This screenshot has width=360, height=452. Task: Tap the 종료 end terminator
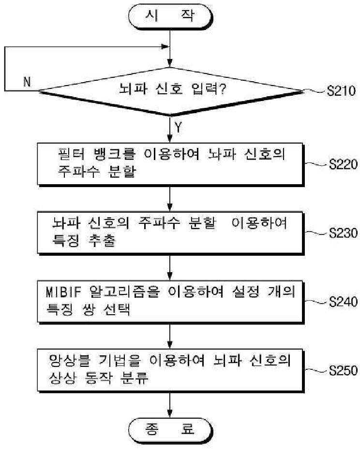(x=170, y=429)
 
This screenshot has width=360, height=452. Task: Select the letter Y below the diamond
(x=178, y=128)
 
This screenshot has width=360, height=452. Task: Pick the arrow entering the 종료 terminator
(x=170, y=405)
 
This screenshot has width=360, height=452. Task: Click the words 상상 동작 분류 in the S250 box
(x=98, y=379)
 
